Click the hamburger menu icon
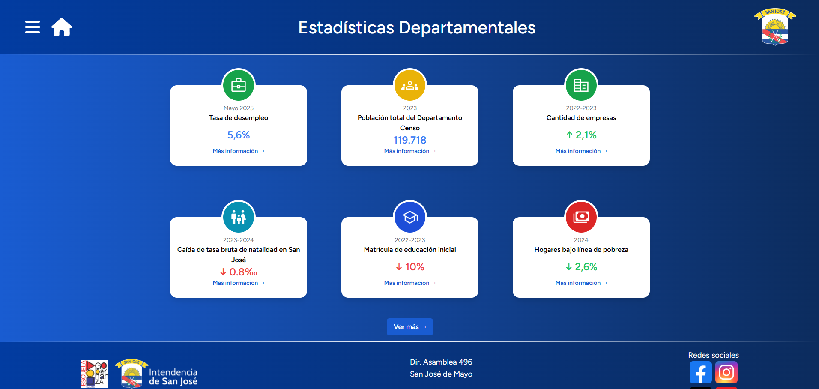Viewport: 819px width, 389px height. (33, 27)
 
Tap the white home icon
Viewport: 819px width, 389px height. (62, 27)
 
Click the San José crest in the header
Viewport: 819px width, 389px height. (775, 27)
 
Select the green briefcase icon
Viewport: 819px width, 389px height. (239, 85)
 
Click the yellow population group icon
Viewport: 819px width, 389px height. (410, 85)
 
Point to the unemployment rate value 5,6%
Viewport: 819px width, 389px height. (239, 135)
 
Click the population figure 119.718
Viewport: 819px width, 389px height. (410, 140)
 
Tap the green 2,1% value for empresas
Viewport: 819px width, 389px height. (581, 135)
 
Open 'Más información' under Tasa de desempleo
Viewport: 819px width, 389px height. (239, 151)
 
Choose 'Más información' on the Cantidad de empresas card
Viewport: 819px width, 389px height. (581, 151)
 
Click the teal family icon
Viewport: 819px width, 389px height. (239, 217)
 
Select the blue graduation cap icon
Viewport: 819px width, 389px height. (410, 217)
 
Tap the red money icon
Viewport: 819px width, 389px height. (581, 217)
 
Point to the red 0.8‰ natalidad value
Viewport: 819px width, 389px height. (239, 272)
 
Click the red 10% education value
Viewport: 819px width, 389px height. (410, 267)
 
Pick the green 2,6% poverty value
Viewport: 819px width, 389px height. (581, 267)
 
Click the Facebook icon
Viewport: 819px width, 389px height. (700, 372)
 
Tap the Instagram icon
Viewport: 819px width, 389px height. (726, 372)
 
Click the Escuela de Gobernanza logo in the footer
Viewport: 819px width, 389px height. (95, 374)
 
